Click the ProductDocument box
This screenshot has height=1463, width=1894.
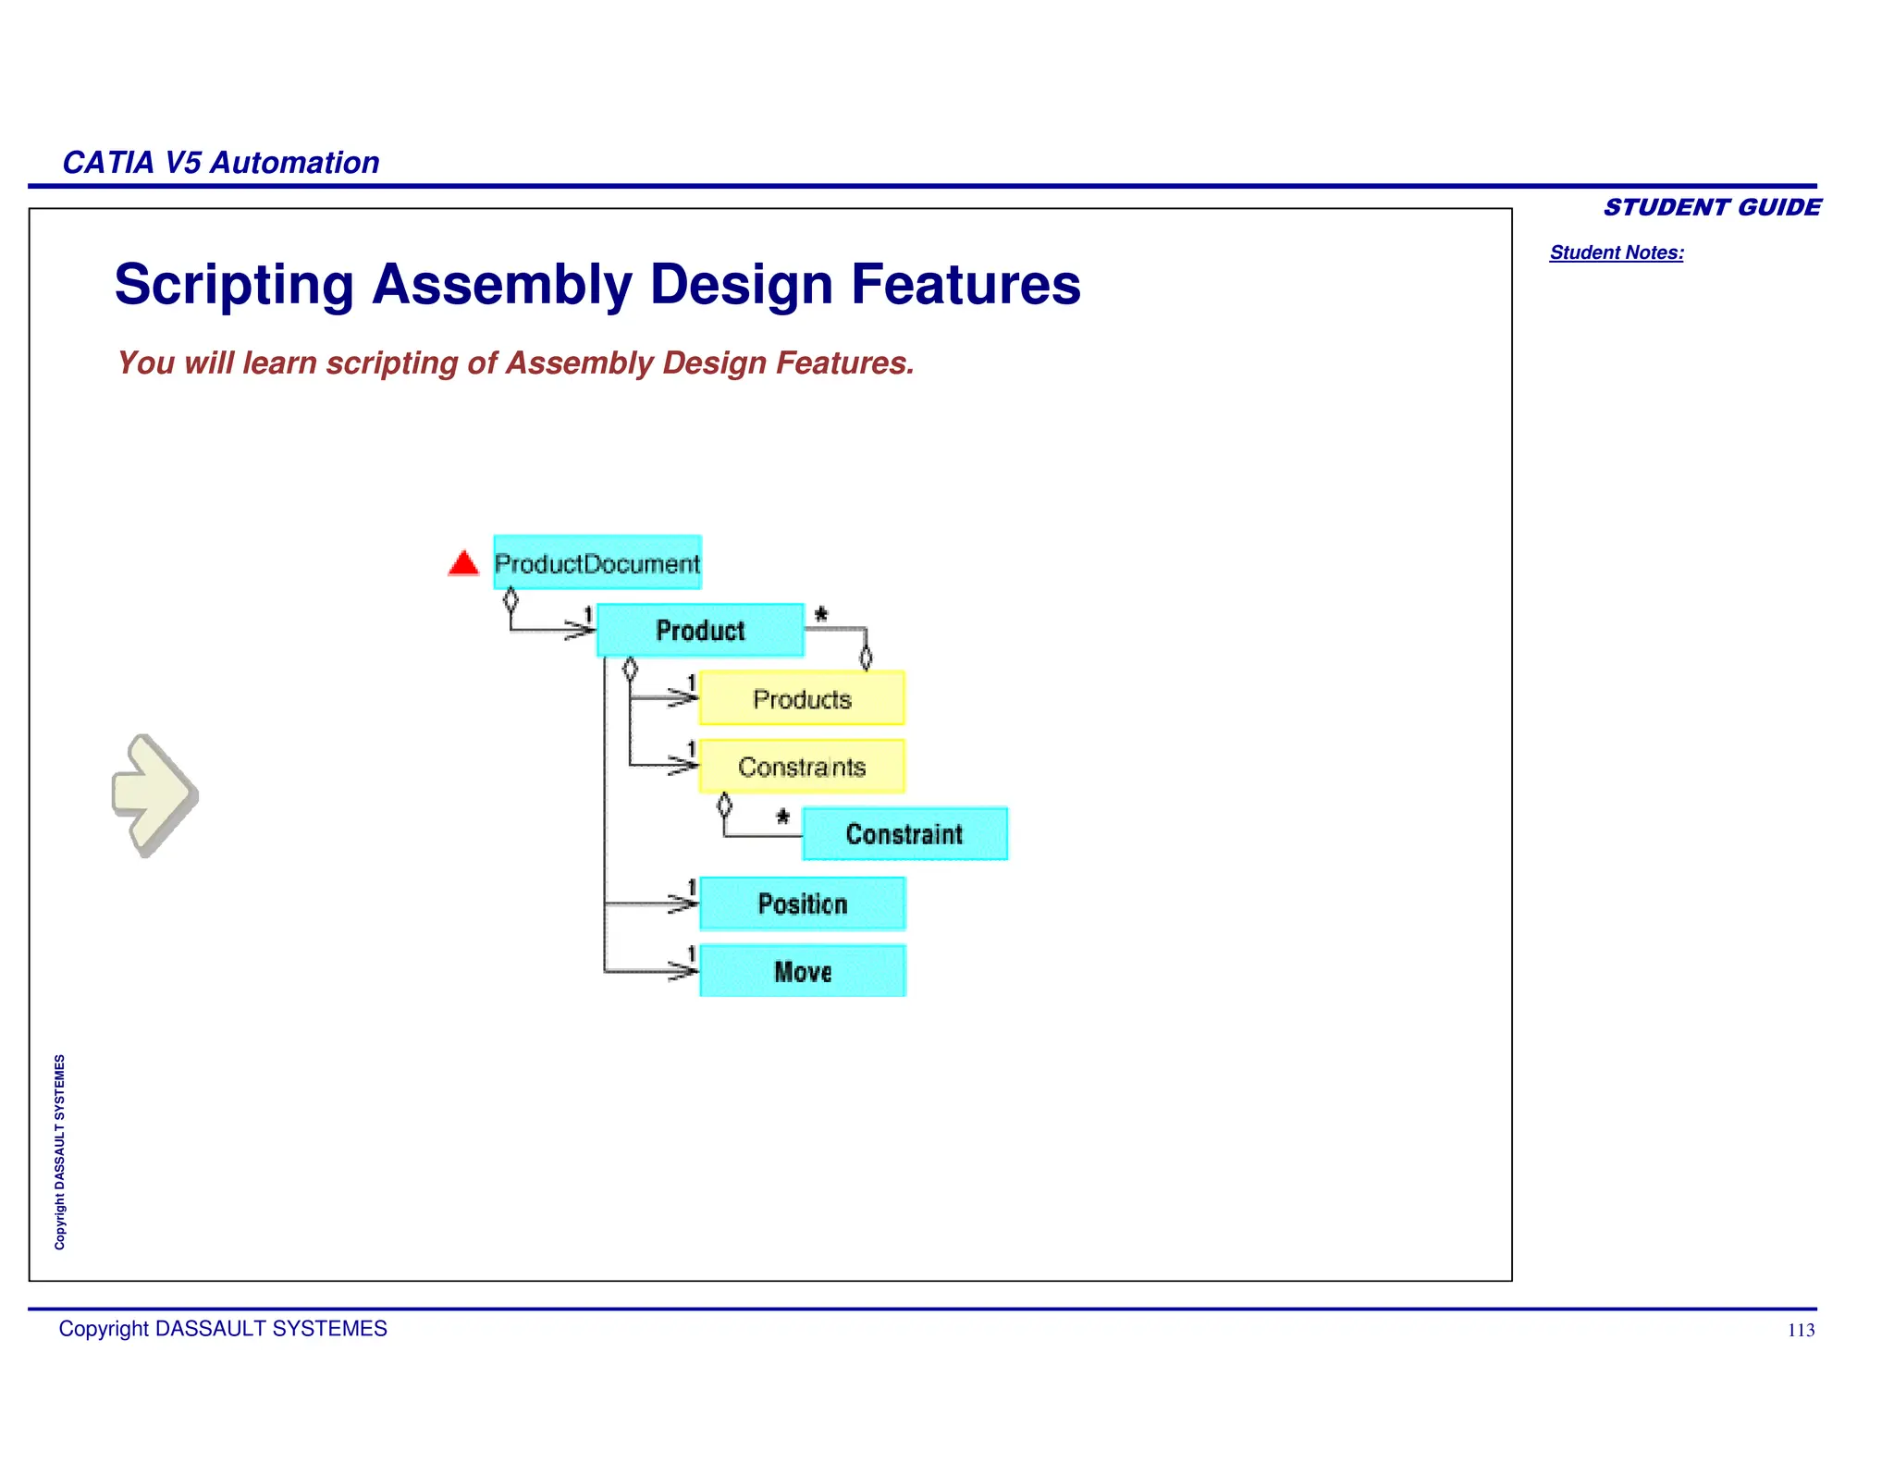coord(597,562)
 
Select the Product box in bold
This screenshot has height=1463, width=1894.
coord(700,630)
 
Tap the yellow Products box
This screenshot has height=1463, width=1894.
coord(802,698)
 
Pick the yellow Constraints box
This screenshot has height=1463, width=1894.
coord(802,766)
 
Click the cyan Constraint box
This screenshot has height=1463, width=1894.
coord(904,833)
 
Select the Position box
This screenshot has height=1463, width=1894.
coord(802,904)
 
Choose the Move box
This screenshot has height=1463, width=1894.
coord(802,971)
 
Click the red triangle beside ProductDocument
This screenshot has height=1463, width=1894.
coord(463,563)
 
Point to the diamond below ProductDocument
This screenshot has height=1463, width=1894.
coord(510,600)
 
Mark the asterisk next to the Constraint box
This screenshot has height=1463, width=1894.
coord(782,817)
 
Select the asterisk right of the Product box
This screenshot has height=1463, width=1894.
coord(820,614)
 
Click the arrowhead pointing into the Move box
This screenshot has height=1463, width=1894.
coord(684,971)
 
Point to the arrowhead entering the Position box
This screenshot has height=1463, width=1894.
coord(684,904)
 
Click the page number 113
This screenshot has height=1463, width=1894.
coord(1800,1331)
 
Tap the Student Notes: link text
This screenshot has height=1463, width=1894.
coord(1616,252)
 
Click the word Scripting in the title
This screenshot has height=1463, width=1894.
coord(234,284)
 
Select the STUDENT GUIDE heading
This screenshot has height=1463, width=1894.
coord(1712,207)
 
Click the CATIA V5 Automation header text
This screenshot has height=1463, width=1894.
coord(221,163)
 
